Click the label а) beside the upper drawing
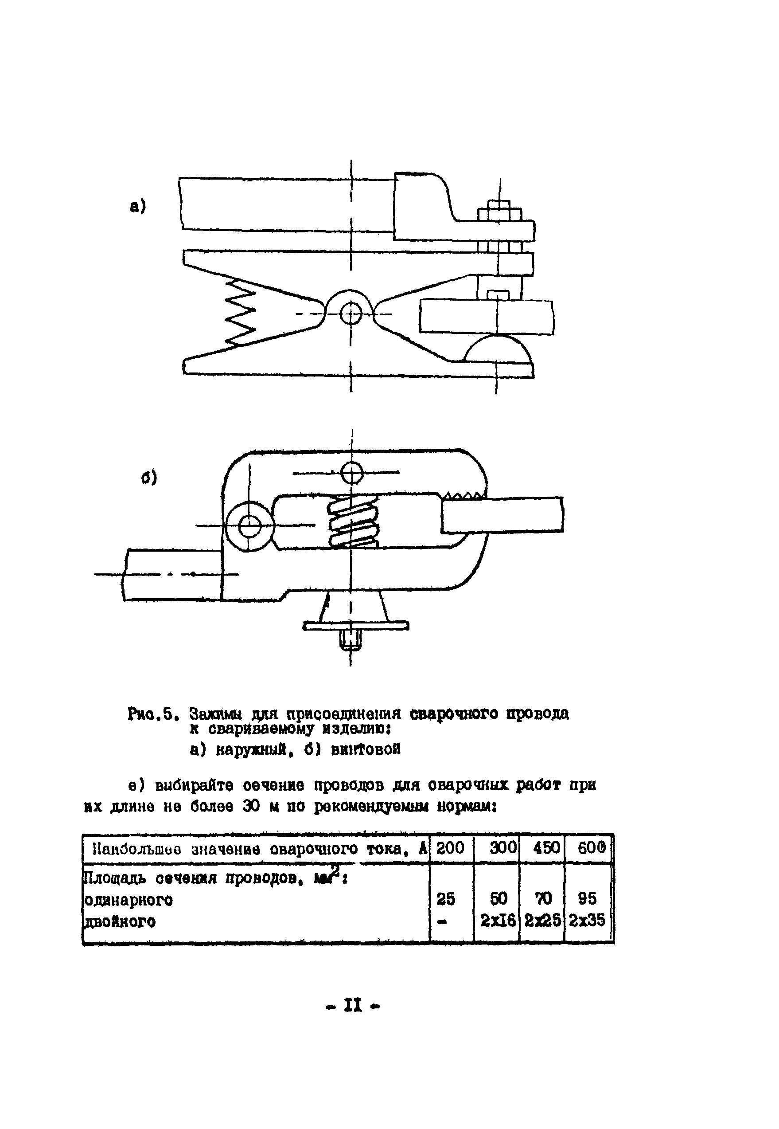coord(138,206)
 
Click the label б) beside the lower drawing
coord(149,478)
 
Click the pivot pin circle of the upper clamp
coord(351,313)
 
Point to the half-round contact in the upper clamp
coord(497,349)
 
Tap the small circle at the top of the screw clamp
coord(351,472)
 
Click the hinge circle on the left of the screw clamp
coord(249,525)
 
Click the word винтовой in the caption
coord(366,749)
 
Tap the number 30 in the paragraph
coord(252,807)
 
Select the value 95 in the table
coord(587,898)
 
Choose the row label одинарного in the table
coord(129,899)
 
